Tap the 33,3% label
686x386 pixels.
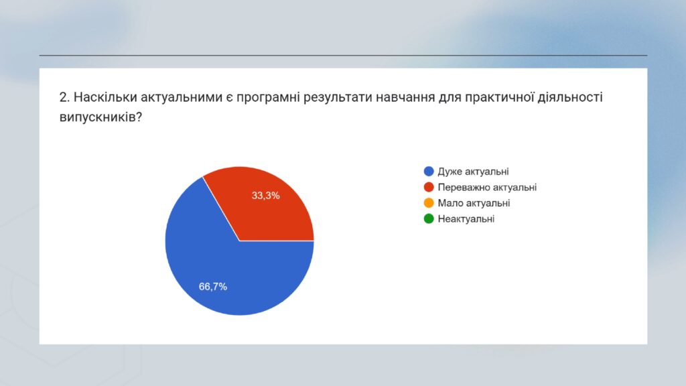pyautogui.click(x=265, y=196)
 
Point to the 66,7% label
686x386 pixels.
pyautogui.click(x=213, y=287)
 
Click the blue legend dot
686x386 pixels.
pyautogui.click(x=429, y=172)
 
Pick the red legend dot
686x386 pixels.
pyautogui.click(x=429, y=188)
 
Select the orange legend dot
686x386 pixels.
pyautogui.click(x=429, y=203)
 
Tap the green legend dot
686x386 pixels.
pyautogui.click(x=429, y=219)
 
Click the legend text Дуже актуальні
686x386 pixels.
pyautogui.click(x=473, y=172)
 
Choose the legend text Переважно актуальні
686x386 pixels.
pyautogui.click(x=487, y=188)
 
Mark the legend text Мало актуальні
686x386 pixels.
pyautogui.click(x=474, y=203)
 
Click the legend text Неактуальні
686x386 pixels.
pyautogui.click(x=466, y=219)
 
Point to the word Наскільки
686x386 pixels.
pyautogui.click(x=105, y=97)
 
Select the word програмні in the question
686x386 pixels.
pyautogui.click(x=268, y=98)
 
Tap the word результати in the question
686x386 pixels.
pyautogui.click(x=336, y=98)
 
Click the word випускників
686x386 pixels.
pyautogui.click(x=100, y=117)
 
